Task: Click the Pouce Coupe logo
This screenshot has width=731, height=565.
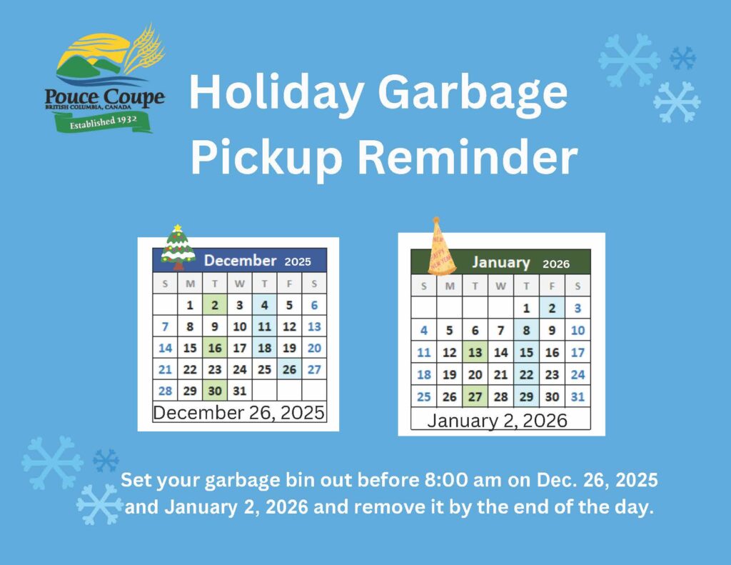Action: point(104,79)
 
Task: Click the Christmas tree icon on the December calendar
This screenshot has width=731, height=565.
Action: point(178,247)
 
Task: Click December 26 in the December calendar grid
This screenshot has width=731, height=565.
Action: point(289,369)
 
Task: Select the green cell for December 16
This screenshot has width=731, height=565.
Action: point(215,348)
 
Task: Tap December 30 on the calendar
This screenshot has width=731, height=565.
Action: point(215,391)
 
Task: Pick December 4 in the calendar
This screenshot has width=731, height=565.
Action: point(264,305)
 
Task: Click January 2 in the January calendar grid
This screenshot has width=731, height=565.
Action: point(552,308)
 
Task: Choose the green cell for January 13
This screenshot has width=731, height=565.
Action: point(475,352)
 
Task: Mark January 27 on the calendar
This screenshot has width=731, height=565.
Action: point(475,396)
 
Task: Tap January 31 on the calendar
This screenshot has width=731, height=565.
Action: point(578,396)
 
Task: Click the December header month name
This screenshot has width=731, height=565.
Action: point(240,260)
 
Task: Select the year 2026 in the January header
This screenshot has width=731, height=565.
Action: point(555,264)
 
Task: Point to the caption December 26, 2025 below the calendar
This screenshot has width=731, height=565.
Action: point(238,412)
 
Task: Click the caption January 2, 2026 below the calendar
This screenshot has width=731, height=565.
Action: point(498,421)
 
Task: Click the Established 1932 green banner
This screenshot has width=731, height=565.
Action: point(103,122)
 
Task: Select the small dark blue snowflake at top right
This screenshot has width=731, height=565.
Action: point(682,59)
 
